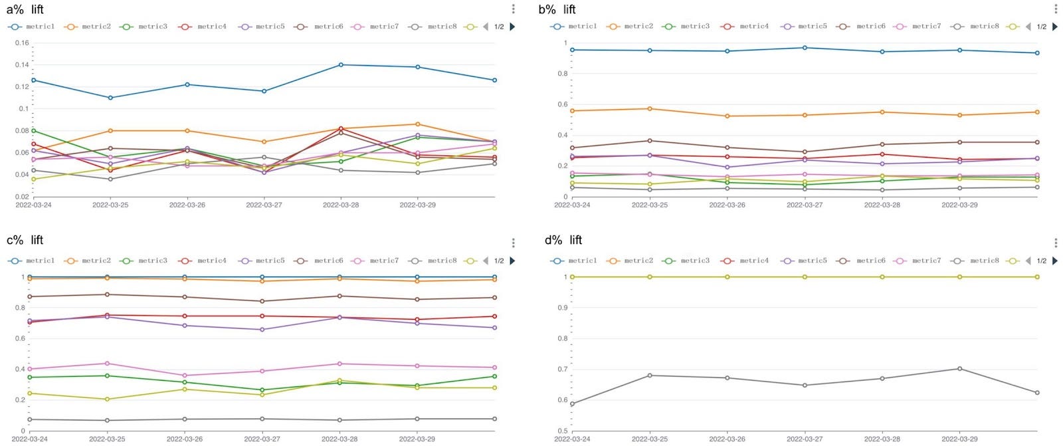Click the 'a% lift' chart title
point(25,9)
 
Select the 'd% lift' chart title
point(563,240)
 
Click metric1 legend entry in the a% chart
point(32,27)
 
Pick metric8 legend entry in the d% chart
point(977,261)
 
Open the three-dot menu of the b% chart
point(1056,9)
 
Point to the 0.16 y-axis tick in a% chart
point(23,43)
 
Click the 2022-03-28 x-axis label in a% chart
point(341,205)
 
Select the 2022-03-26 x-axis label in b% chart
point(727,205)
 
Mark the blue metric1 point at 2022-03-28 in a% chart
point(341,64)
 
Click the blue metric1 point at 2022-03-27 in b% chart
point(805,48)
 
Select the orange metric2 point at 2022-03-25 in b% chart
point(650,109)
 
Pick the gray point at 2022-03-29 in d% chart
point(959,369)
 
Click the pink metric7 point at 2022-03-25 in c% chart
point(107,364)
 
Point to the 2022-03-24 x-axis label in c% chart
point(30,439)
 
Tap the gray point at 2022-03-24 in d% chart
point(572,403)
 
